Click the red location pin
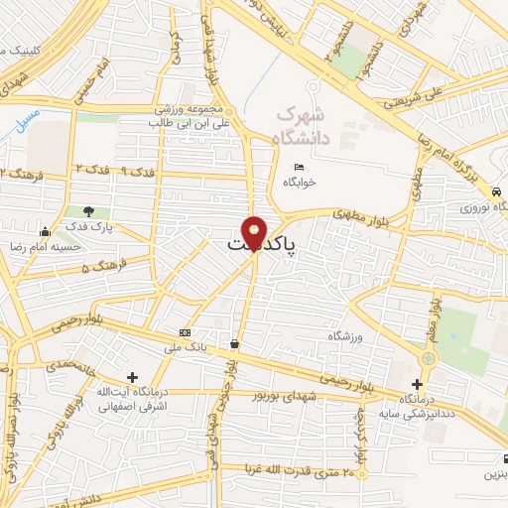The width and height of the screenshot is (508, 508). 254,233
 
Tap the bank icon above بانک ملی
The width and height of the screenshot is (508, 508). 184,332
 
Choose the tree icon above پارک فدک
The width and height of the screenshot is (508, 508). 89,211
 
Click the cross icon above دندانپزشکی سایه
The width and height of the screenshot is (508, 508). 418,383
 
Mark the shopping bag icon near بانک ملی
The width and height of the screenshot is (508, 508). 234,344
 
